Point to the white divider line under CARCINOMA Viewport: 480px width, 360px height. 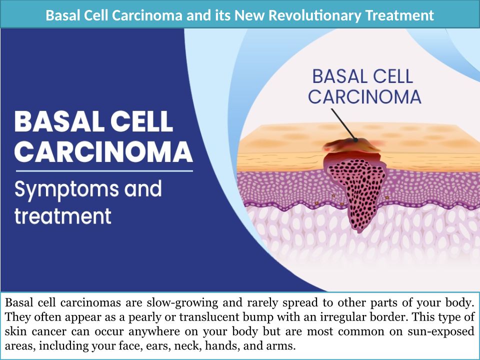[104, 171]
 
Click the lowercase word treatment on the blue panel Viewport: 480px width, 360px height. [63, 216]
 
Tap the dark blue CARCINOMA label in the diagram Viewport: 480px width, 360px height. [364, 96]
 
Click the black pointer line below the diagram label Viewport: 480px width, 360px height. [343, 124]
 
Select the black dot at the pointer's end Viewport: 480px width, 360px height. [355, 140]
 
